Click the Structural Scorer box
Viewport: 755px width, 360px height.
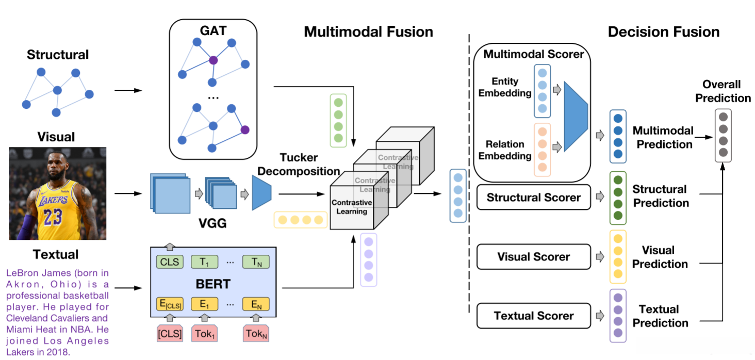(533, 198)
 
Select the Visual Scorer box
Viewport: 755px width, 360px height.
(533, 257)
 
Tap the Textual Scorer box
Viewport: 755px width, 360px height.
(533, 316)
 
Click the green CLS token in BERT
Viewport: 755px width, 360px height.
(170, 261)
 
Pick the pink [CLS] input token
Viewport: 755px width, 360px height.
(170, 333)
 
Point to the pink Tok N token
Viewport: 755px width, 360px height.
(256, 333)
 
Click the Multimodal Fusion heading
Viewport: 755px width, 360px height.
(368, 32)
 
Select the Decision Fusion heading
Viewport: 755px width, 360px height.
(664, 32)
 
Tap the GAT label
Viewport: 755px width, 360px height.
(213, 30)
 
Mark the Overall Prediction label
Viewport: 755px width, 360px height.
(723, 91)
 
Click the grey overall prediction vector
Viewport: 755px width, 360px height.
(723, 135)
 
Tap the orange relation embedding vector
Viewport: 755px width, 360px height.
(542, 150)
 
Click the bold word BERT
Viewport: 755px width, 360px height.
(213, 284)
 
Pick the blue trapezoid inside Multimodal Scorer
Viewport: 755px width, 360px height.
(576, 117)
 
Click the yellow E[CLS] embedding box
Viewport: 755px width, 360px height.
(170, 304)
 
